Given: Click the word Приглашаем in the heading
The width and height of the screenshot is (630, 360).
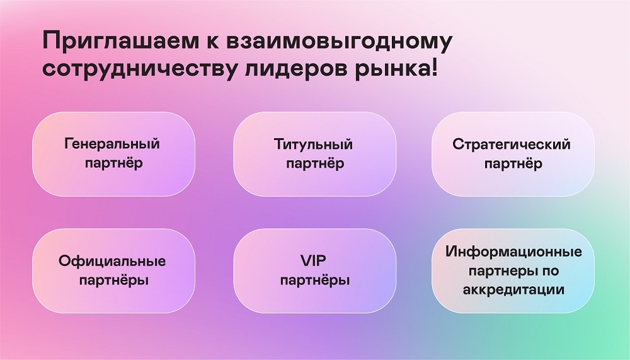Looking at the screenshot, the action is [x=120, y=42].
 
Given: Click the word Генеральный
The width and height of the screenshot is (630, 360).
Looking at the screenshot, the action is [x=112, y=144].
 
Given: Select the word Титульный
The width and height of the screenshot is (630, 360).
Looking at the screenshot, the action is [x=313, y=144].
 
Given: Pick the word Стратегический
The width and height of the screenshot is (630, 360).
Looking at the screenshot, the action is [x=512, y=144].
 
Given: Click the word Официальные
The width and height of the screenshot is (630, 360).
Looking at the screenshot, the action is [x=112, y=262].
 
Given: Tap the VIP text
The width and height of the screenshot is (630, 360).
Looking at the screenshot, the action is [x=313, y=260].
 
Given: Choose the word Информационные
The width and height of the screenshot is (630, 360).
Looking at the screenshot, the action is [x=513, y=252].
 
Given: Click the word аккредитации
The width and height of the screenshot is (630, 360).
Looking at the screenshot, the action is [x=513, y=289].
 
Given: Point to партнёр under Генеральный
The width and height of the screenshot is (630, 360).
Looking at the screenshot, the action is [x=113, y=163].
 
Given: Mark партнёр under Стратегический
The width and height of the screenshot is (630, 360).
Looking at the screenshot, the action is [x=513, y=164].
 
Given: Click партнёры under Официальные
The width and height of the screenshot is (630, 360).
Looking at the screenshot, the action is [x=113, y=281].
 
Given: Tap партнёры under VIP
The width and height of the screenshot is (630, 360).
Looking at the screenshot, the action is [x=315, y=281].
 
